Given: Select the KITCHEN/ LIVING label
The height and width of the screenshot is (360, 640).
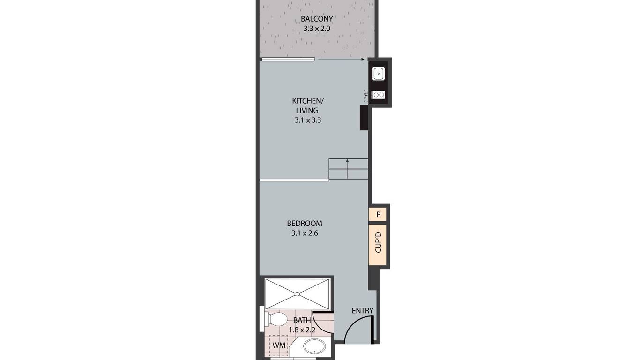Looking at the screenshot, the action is (308, 105).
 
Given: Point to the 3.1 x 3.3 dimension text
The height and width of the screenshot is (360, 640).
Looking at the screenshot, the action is (308, 120).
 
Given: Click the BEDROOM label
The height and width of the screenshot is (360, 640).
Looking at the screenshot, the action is (304, 223).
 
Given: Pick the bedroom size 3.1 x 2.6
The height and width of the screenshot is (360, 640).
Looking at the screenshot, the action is (305, 233).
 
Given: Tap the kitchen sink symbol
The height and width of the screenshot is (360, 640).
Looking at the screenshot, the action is (379, 74).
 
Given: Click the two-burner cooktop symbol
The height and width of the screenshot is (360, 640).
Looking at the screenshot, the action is (379, 95).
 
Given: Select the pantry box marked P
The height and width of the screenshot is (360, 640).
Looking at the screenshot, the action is (378, 215).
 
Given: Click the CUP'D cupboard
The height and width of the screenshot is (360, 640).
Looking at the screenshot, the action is (378, 245).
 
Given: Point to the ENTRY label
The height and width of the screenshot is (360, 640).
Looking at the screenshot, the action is (362, 310).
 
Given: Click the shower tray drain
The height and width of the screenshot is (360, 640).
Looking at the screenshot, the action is (297, 294).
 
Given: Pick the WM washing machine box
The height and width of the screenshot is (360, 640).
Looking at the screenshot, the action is (279, 345).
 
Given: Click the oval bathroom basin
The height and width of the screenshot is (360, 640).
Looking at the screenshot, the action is (314, 347).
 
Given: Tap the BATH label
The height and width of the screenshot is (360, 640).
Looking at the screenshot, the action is (302, 320).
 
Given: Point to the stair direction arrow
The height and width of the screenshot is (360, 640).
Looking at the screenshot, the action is (347, 169).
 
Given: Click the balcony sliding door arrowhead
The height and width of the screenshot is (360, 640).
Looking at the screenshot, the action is (363, 60).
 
